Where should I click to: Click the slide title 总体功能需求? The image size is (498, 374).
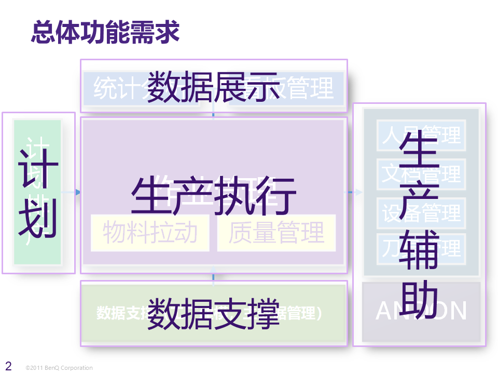point(105,32)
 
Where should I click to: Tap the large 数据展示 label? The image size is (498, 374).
point(213,86)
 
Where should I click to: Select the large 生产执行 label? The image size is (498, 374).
point(213,195)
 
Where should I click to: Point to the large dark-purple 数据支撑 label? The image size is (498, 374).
point(213,313)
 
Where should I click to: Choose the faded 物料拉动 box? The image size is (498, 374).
point(150,233)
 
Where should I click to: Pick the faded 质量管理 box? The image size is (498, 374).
point(276,233)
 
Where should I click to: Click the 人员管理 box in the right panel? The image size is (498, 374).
point(421,136)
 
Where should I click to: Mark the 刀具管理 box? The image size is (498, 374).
point(421,248)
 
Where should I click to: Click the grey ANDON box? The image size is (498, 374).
point(421,311)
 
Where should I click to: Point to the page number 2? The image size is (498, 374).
point(8,366)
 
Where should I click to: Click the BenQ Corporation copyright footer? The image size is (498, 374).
point(59,368)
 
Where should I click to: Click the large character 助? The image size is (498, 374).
point(421,301)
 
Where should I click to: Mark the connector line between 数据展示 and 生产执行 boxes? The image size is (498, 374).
point(213,114)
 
